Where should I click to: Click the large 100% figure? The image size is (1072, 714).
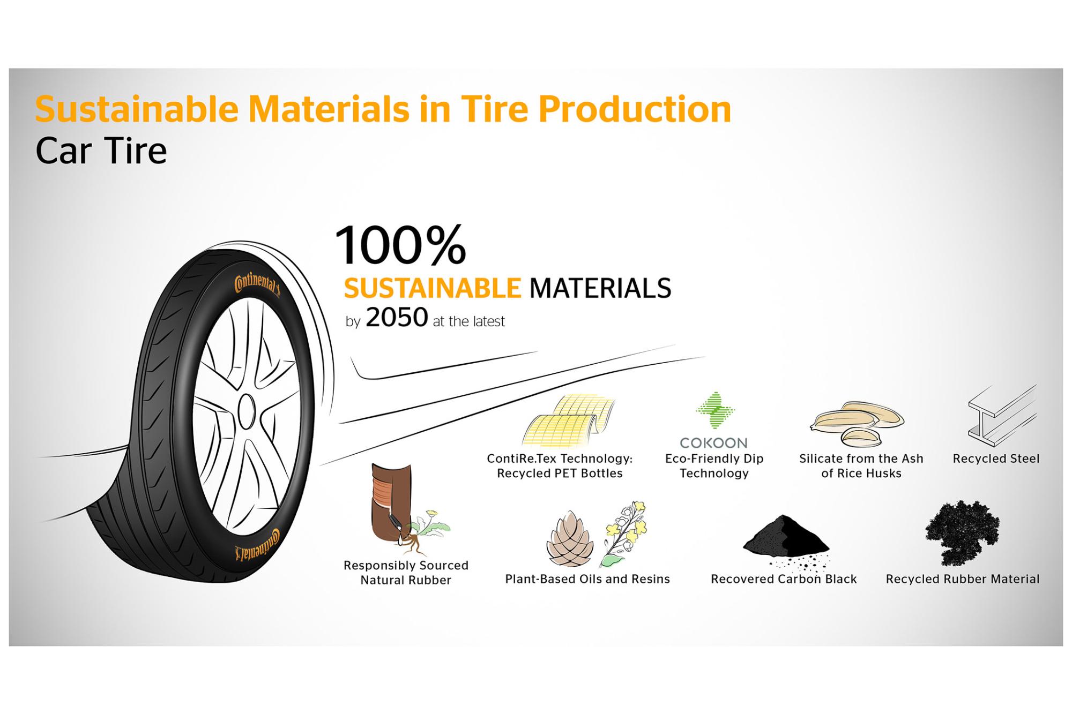point(400,245)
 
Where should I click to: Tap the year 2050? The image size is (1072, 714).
point(397,318)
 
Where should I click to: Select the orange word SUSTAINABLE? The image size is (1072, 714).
point(432,288)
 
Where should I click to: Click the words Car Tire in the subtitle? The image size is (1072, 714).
point(101,151)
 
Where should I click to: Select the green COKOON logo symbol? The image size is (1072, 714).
point(715,411)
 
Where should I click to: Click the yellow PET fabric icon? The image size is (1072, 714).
point(569,422)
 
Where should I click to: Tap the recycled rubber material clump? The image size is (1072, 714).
point(962,532)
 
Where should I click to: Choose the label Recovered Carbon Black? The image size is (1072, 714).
point(784,579)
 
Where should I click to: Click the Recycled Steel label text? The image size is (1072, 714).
point(996,459)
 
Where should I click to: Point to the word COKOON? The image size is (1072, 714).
point(713,443)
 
